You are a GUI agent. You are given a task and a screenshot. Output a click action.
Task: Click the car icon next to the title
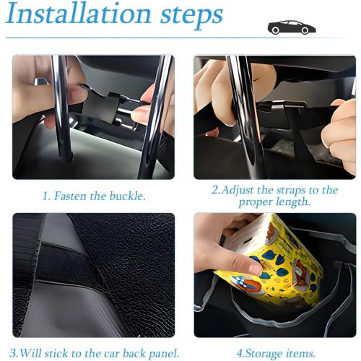coord(291,28)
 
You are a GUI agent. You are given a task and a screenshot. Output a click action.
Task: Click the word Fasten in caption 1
coord(73,195)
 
